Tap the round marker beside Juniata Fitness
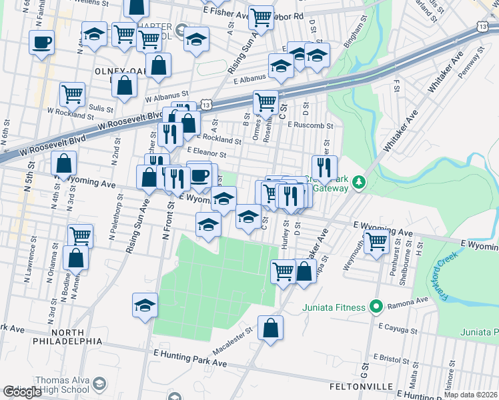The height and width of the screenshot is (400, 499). click(376, 307)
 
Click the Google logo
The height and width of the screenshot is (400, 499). click(21, 392)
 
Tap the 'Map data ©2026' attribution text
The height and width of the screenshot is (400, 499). click(470, 395)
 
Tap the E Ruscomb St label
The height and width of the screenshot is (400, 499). click(310, 125)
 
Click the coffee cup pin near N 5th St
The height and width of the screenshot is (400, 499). click(41, 42)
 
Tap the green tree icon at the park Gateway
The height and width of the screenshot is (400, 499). click(359, 182)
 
